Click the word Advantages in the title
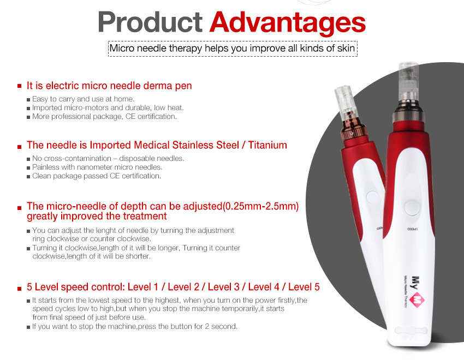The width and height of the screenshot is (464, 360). (287, 23)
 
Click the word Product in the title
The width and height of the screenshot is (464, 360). (150, 22)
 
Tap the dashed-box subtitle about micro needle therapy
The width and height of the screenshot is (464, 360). (233, 48)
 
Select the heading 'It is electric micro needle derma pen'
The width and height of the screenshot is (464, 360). (109, 86)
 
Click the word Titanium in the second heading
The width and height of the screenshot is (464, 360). (267, 145)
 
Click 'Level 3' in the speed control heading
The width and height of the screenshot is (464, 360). (223, 287)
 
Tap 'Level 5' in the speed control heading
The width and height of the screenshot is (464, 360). (304, 287)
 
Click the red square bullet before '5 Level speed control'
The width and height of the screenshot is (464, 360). (20, 289)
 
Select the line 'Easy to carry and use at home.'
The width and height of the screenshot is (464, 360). (83, 99)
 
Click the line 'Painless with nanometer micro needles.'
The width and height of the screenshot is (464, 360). (97, 167)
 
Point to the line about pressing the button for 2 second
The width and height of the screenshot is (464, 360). (135, 327)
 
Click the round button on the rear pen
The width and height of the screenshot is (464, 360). (372, 197)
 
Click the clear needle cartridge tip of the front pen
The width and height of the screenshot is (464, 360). (408, 81)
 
